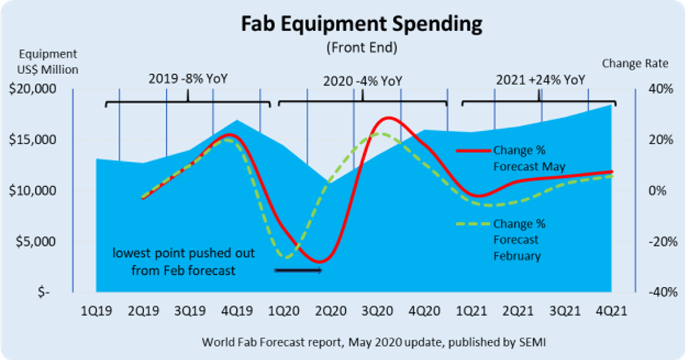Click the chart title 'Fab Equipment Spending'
[362, 25]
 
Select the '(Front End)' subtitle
[361, 48]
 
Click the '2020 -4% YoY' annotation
[363, 79]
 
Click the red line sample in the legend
[473, 150]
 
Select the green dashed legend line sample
[473, 224]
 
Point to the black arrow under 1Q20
[297, 269]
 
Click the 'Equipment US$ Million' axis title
[48, 61]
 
